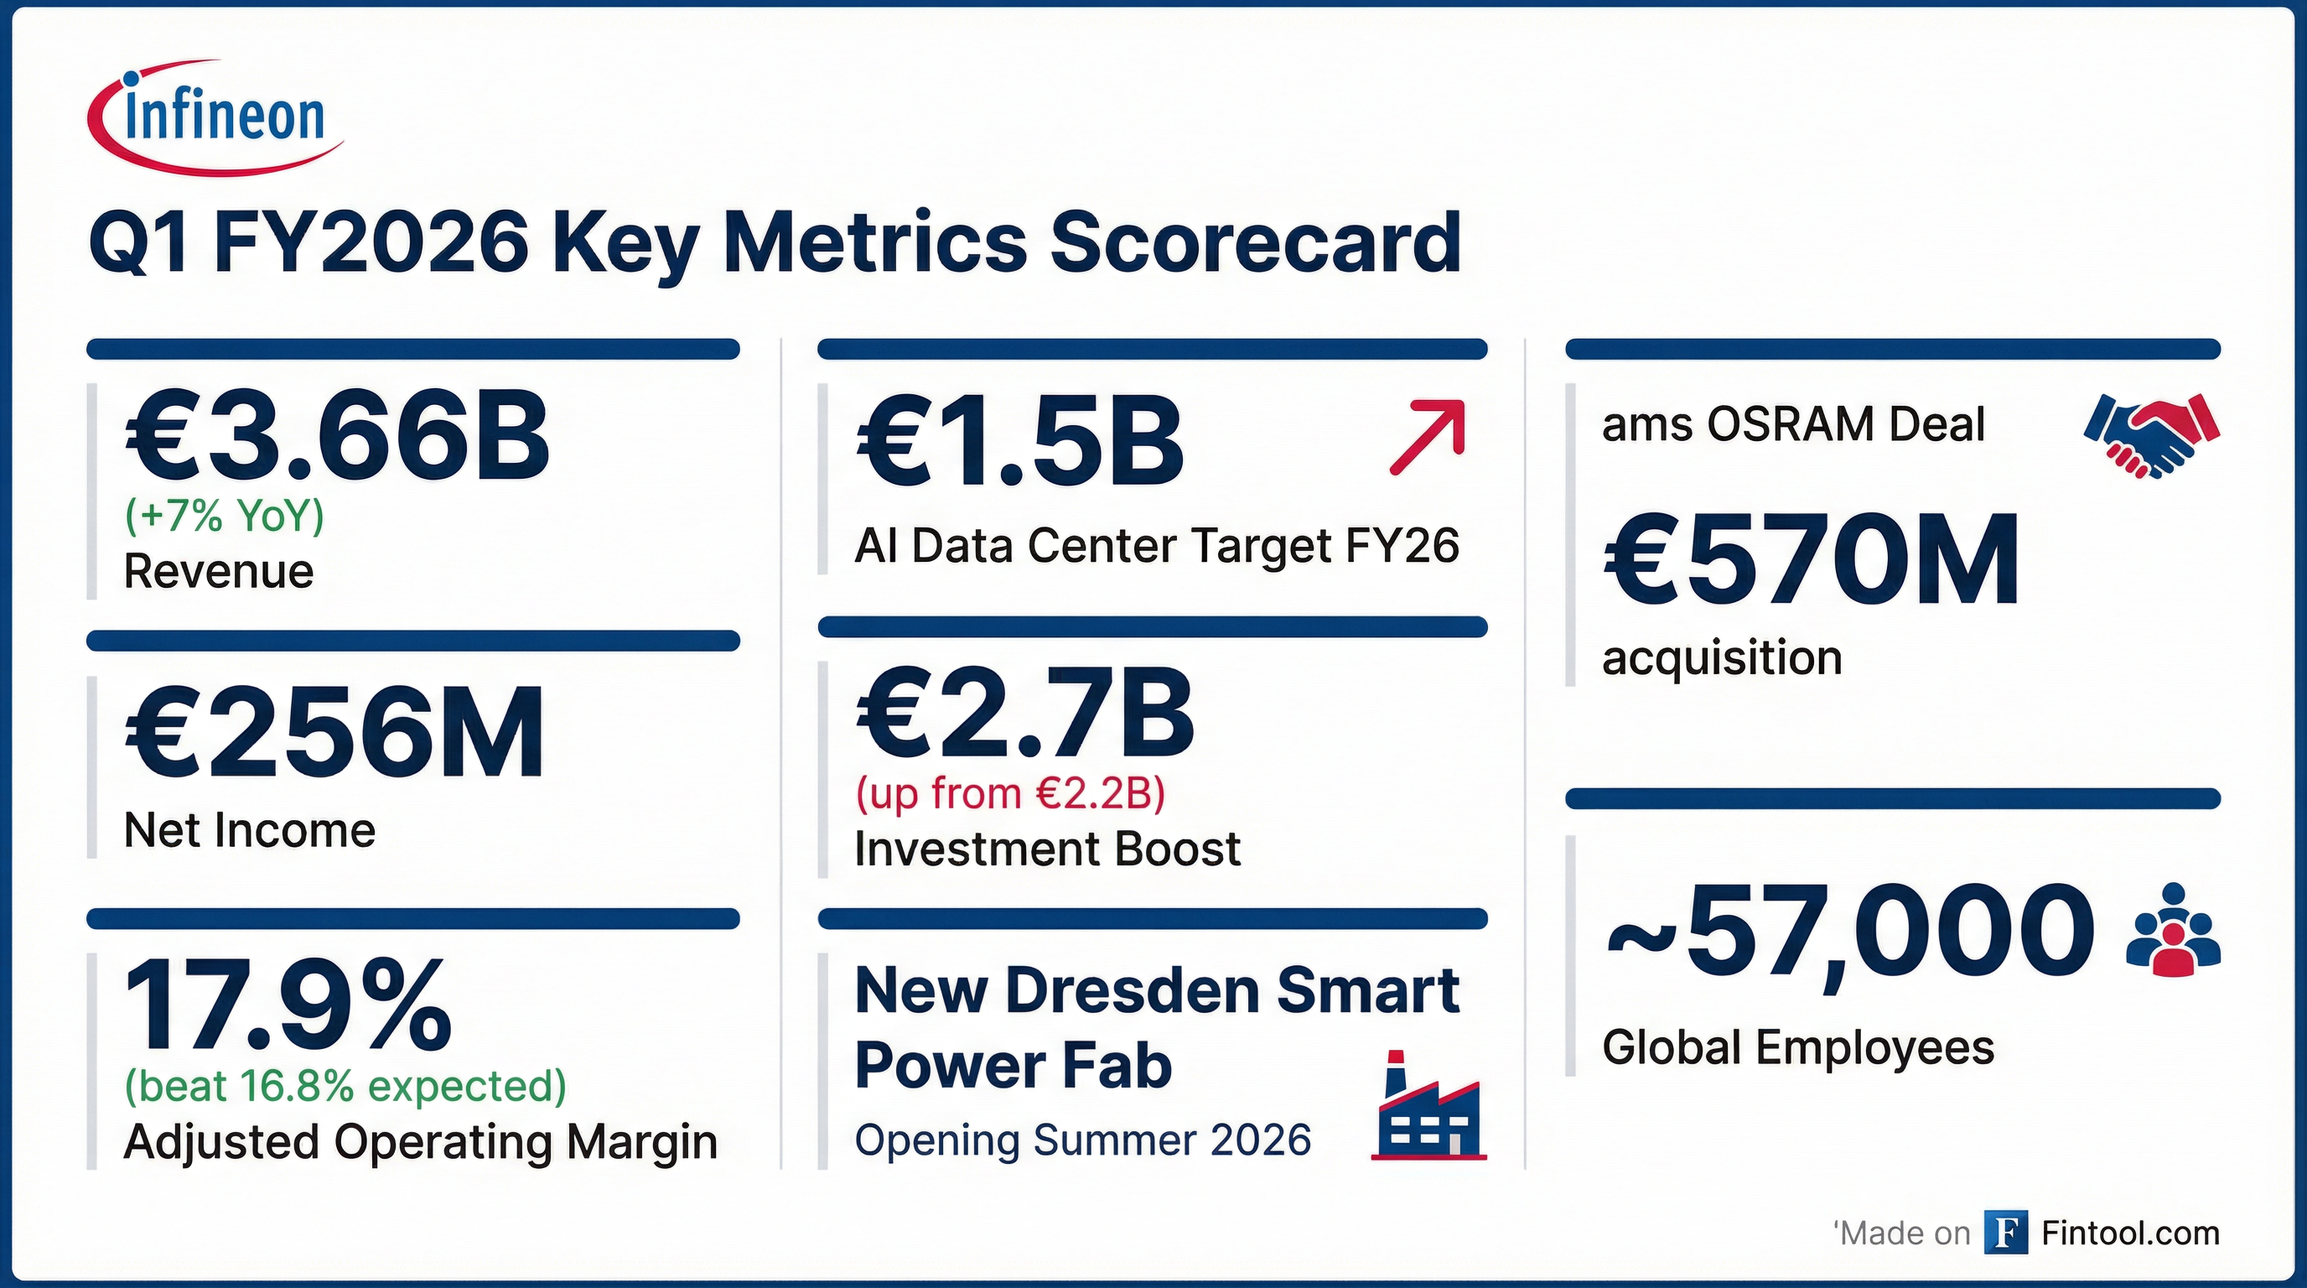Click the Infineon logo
point(215,117)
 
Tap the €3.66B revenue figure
point(336,438)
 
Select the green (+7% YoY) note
point(224,516)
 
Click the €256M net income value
point(333,734)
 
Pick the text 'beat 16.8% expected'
point(345,1087)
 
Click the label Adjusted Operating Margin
point(420,1142)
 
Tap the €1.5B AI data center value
point(1020,443)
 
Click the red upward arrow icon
point(1428,436)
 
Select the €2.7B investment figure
point(1024,714)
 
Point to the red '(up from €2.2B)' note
point(1010,793)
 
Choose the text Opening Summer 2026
point(1083,1140)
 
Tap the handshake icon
point(2151,435)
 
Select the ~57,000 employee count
point(1849,932)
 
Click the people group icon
point(2173,943)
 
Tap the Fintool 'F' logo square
point(2006,1233)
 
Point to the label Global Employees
point(1797,1047)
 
